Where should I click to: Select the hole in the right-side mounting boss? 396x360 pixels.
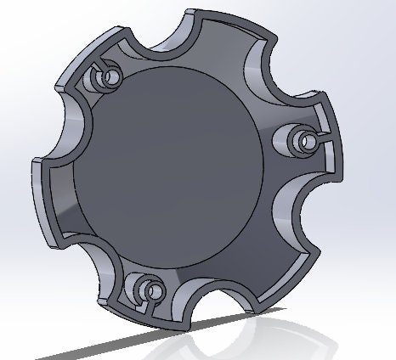pyautogui.click(x=302, y=137)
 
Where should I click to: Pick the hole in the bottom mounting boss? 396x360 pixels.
pyautogui.click(x=154, y=293)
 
